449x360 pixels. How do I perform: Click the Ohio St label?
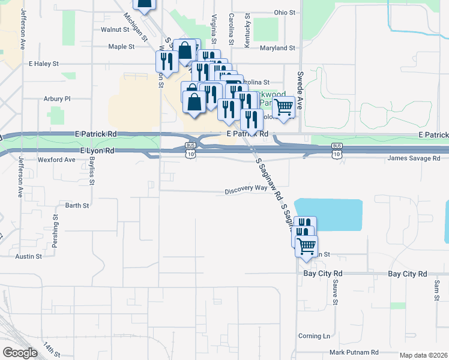[285, 12]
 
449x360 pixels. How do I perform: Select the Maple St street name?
[121, 46]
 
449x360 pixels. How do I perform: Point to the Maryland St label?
[278, 48]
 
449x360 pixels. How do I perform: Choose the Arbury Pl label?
[57, 98]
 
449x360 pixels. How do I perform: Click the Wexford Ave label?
[56, 160]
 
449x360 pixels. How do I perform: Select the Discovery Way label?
[246, 188]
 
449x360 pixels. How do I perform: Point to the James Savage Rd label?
[414, 158]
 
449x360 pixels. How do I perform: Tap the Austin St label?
[29, 256]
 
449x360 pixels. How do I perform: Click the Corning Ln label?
[314, 336]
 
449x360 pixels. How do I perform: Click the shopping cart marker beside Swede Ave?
[285, 107]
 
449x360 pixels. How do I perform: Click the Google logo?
[20, 353]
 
